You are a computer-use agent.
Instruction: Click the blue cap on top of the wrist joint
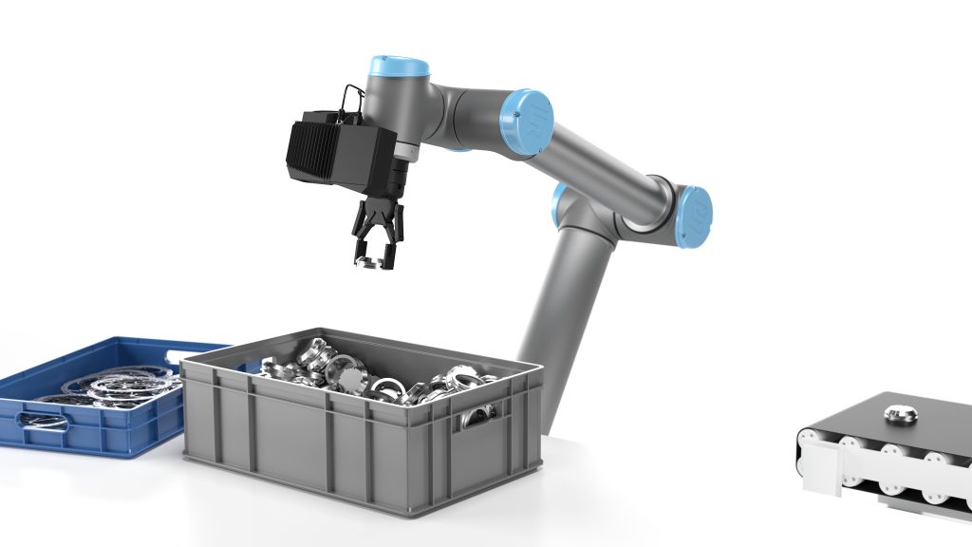point(399,67)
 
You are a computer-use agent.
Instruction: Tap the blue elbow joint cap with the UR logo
point(528,121)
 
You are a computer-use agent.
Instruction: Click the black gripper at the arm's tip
point(378,228)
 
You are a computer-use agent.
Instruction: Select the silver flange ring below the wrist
point(405,152)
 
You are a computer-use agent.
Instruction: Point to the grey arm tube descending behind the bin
point(555,304)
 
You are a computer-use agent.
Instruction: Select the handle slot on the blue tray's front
point(43,420)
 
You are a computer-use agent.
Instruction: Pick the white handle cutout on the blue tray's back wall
point(180,356)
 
